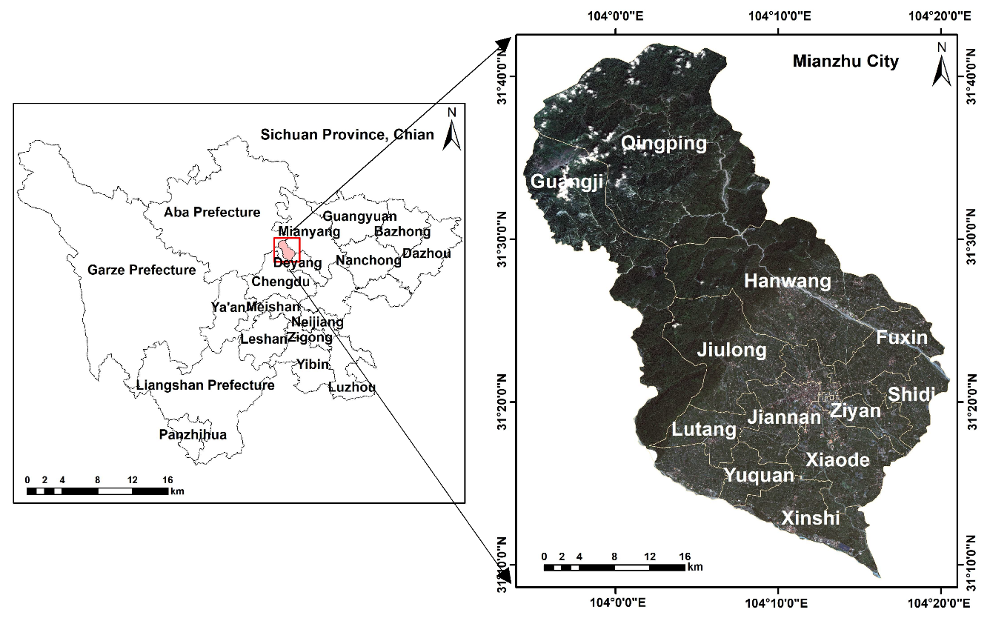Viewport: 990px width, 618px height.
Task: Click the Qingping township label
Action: [x=664, y=143]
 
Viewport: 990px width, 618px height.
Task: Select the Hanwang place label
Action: [x=788, y=282]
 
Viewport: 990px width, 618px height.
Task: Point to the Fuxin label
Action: [x=902, y=338]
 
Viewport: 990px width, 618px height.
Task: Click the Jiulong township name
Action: [x=732, y=350]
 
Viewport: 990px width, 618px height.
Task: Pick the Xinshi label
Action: [x=811, y=518]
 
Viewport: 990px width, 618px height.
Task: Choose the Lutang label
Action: [x=704, y=430]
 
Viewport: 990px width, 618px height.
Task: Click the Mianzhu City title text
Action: [x=846, y=61]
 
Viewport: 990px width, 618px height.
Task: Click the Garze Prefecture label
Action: [x=142, y=270]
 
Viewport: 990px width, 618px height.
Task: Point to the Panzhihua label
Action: [x=193, y=434]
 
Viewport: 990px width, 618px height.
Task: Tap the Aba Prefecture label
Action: [x=212, y=213]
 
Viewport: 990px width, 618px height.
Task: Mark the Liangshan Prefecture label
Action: [x=205, y=385]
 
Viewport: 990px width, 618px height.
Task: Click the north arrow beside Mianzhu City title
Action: [x=941, y=64]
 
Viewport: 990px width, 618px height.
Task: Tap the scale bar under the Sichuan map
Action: [x=97, y=491]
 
